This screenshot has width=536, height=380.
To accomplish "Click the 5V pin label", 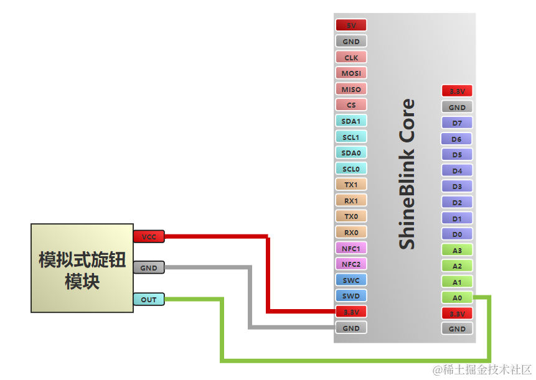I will [351, 25].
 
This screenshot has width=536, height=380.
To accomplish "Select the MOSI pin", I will [351, 73].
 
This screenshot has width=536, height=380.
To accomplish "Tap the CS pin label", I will [351, 105].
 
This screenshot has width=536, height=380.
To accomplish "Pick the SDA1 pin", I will [351, 121].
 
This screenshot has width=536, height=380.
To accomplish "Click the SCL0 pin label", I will [351, 169].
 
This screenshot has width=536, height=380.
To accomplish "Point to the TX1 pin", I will [351, 185].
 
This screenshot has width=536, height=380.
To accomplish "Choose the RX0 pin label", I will [351, 233].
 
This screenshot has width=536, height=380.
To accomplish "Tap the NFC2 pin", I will [351, 264].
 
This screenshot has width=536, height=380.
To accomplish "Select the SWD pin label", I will [351, 296].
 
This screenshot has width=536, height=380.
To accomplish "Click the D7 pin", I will [457, 123].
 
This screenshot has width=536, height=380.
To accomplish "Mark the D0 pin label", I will [457, 234].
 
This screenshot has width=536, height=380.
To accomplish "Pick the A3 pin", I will [457, 251].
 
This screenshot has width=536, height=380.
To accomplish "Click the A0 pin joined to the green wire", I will [457, 298].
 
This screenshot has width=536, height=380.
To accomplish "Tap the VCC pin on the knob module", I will [149, 237].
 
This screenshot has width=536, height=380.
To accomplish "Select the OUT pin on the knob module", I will [149, 300].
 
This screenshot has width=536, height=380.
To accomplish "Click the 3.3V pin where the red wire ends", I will [351, 312].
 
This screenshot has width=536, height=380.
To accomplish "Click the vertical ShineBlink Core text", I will [407, 174].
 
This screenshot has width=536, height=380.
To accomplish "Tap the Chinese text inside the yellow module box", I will [82, 269].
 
